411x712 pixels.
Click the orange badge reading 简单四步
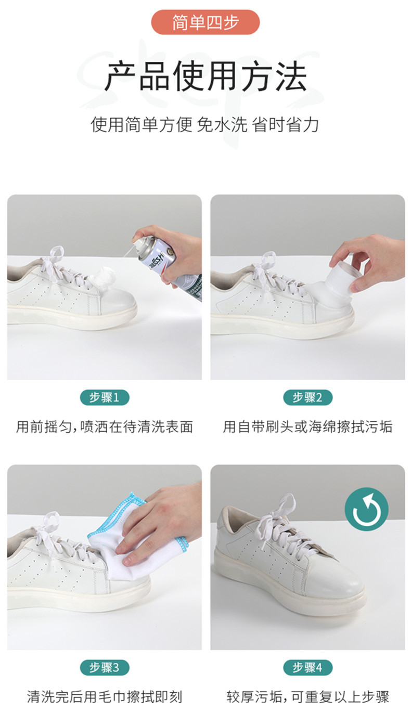point(205,22)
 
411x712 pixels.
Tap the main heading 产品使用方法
point(205,76)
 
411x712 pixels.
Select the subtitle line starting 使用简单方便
point(204,124)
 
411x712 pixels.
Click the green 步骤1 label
point(105,397)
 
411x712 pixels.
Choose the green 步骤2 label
point(307,397)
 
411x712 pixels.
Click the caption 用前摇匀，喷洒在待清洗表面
point(105,427)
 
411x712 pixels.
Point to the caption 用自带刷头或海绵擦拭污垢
point(307,427)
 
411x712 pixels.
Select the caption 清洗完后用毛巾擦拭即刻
point(105,697)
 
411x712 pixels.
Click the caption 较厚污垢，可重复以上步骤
point(307,697)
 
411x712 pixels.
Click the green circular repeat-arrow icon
point(366,509)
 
